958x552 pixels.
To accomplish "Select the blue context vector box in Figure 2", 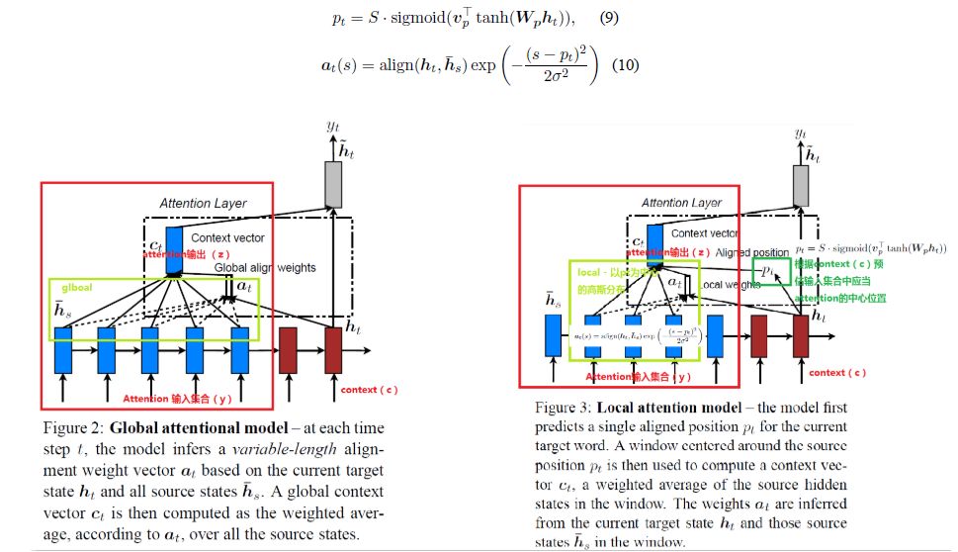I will [x=174, y=249].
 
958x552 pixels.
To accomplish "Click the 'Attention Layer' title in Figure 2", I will [x=203, y=204].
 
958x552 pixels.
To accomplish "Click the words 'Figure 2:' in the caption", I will [x=73, y=428].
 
